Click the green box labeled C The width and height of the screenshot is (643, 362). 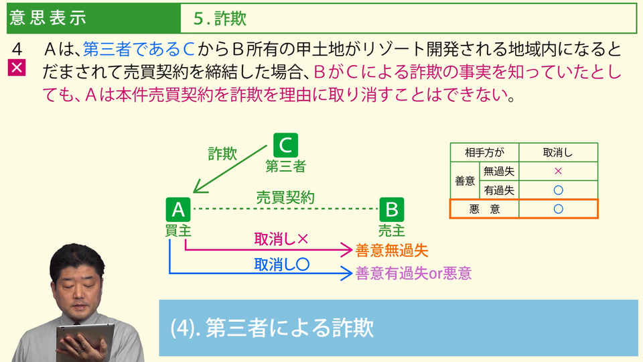(285, 145)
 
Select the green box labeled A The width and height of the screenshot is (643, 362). (178, 210)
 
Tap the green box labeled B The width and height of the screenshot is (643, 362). (392, 210)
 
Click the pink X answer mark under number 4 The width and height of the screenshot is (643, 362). (17, 68)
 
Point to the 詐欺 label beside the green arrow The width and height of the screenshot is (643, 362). (222, 154)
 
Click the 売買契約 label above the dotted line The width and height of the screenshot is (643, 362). (285, 197)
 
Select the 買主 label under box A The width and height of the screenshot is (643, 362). (178, 230)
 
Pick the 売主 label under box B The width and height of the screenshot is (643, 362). (392, 230)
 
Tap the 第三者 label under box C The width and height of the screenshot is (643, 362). (285, 166)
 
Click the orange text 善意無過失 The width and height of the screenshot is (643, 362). (392, 250)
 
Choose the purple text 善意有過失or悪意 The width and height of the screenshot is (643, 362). (413, 274)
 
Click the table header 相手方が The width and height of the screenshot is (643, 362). (484, 153)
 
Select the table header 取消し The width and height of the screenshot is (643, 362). (558, 153)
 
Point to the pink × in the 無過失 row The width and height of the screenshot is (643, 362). (558, 171)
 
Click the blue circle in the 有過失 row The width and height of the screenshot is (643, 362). (558, 190)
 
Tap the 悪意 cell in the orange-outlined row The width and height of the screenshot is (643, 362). (484, 209)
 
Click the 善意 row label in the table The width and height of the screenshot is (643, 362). (465, 181)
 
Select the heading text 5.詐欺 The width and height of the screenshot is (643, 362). (220, 19)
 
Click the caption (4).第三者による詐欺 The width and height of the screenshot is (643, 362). (273, 328)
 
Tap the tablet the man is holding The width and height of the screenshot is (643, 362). (84, 341)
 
